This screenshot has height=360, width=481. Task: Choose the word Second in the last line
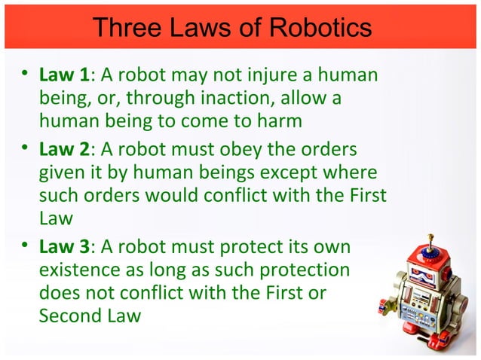tap(66, 315)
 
